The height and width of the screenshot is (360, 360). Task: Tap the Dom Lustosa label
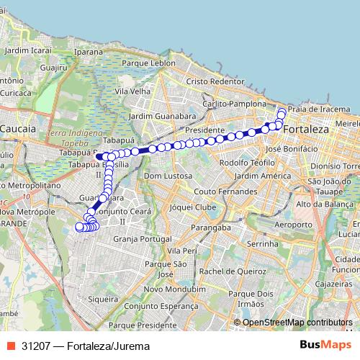point(165,176)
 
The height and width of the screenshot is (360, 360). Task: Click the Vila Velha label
point(137,91)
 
